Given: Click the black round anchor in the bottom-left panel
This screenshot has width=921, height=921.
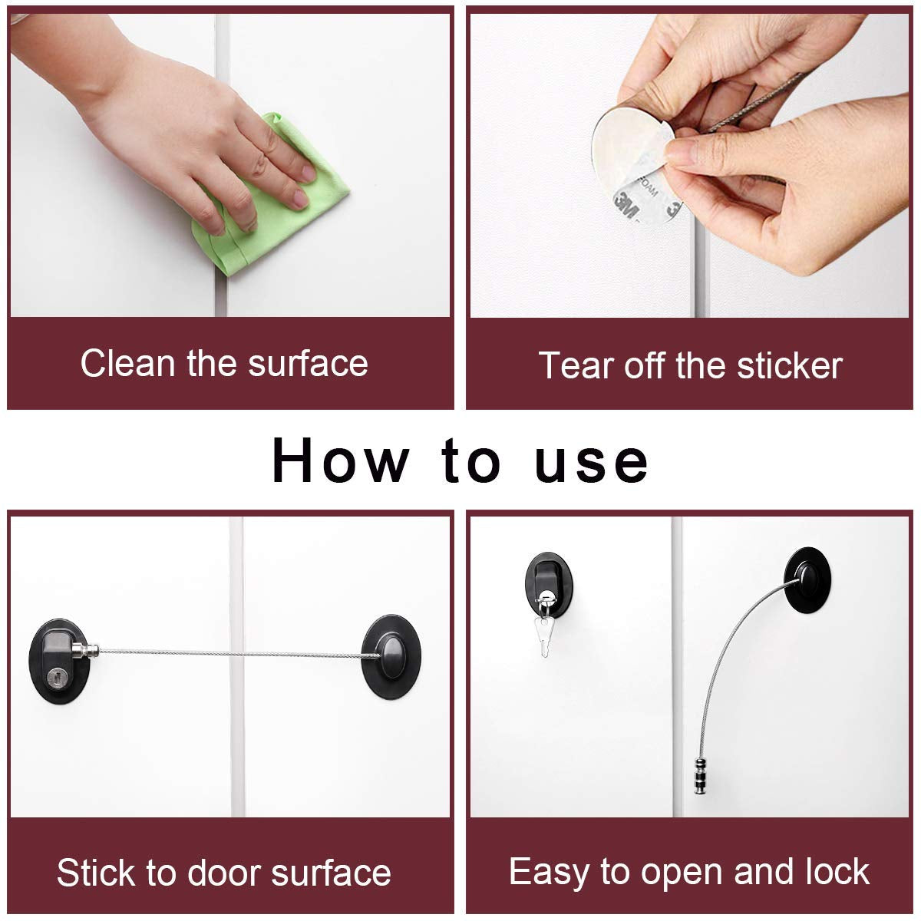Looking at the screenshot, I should point(391,656).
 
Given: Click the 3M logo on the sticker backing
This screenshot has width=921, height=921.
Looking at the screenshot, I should point(626,205).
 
